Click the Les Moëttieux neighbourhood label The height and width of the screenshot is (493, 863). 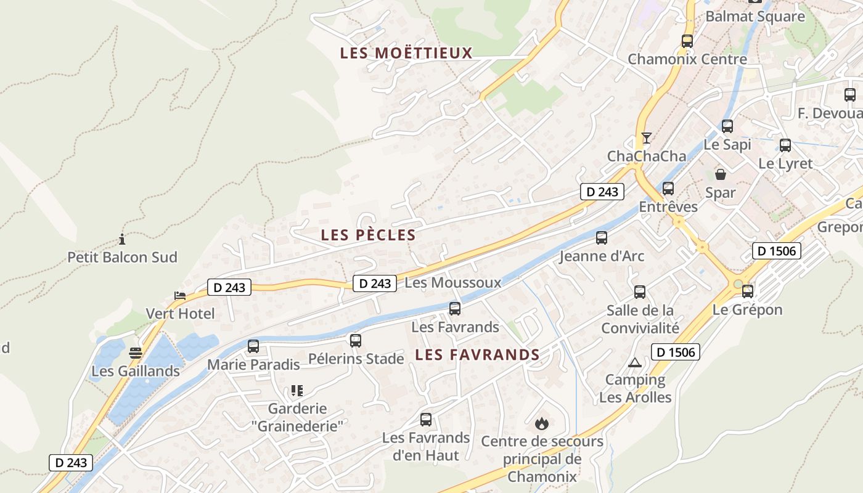pyautogui.click(x=406, y=53)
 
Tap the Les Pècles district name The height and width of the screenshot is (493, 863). pyautogui.click(x=369, y=235)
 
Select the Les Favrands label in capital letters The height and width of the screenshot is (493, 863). pyautogui.click(x=477, y=354)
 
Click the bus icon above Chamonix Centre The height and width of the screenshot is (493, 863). pyautogui.click(x=687, y=41)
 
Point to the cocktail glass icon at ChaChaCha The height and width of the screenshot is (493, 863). pyautogui.click(x=646, y=137)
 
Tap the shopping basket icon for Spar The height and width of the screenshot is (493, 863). pyautogui.click(x=720, y=174)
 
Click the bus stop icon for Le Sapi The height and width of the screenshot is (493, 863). pyautogui.click(x=727, y=126)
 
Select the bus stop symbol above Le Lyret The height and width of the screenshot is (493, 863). pyautogui.click(x=785, y=145)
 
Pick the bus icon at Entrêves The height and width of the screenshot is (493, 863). pyautogui.click(x=668, y=189)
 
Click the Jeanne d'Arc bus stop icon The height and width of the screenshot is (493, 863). pyautogui.click(x=601, y=238)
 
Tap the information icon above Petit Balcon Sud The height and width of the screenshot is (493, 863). pyautogui.click(x=122, y=239)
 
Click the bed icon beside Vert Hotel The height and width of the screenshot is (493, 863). pyautogui.click(x=180, y=296)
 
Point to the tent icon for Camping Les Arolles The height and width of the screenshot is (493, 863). pyautogui.click(x=635, y=362)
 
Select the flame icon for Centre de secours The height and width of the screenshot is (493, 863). pyautogui.click(x=542, y=423)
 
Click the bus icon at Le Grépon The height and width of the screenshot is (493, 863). pyautogui.click(x=748, y=291)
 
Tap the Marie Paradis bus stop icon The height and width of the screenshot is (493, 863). pyautogui.click(x=253, y=346)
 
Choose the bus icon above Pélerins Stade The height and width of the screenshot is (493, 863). pyautogui.click(x=356, y=340)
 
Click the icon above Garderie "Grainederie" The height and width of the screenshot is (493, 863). pyautogui.click(x=297, y=390)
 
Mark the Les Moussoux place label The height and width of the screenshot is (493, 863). pyautogui.click(x=452, y=282)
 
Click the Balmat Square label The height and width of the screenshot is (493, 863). pyautogui.click(x=755, y=16)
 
